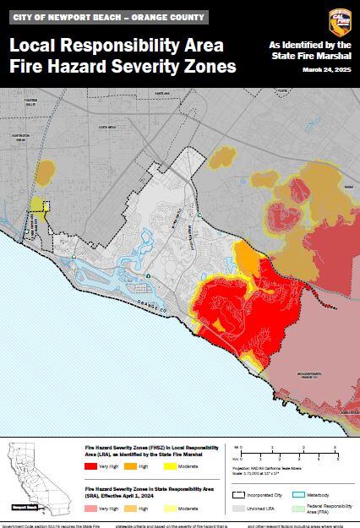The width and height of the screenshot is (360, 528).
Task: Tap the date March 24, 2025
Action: coord(325,68)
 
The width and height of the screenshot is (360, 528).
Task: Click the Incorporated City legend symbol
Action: coord(242,493)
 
